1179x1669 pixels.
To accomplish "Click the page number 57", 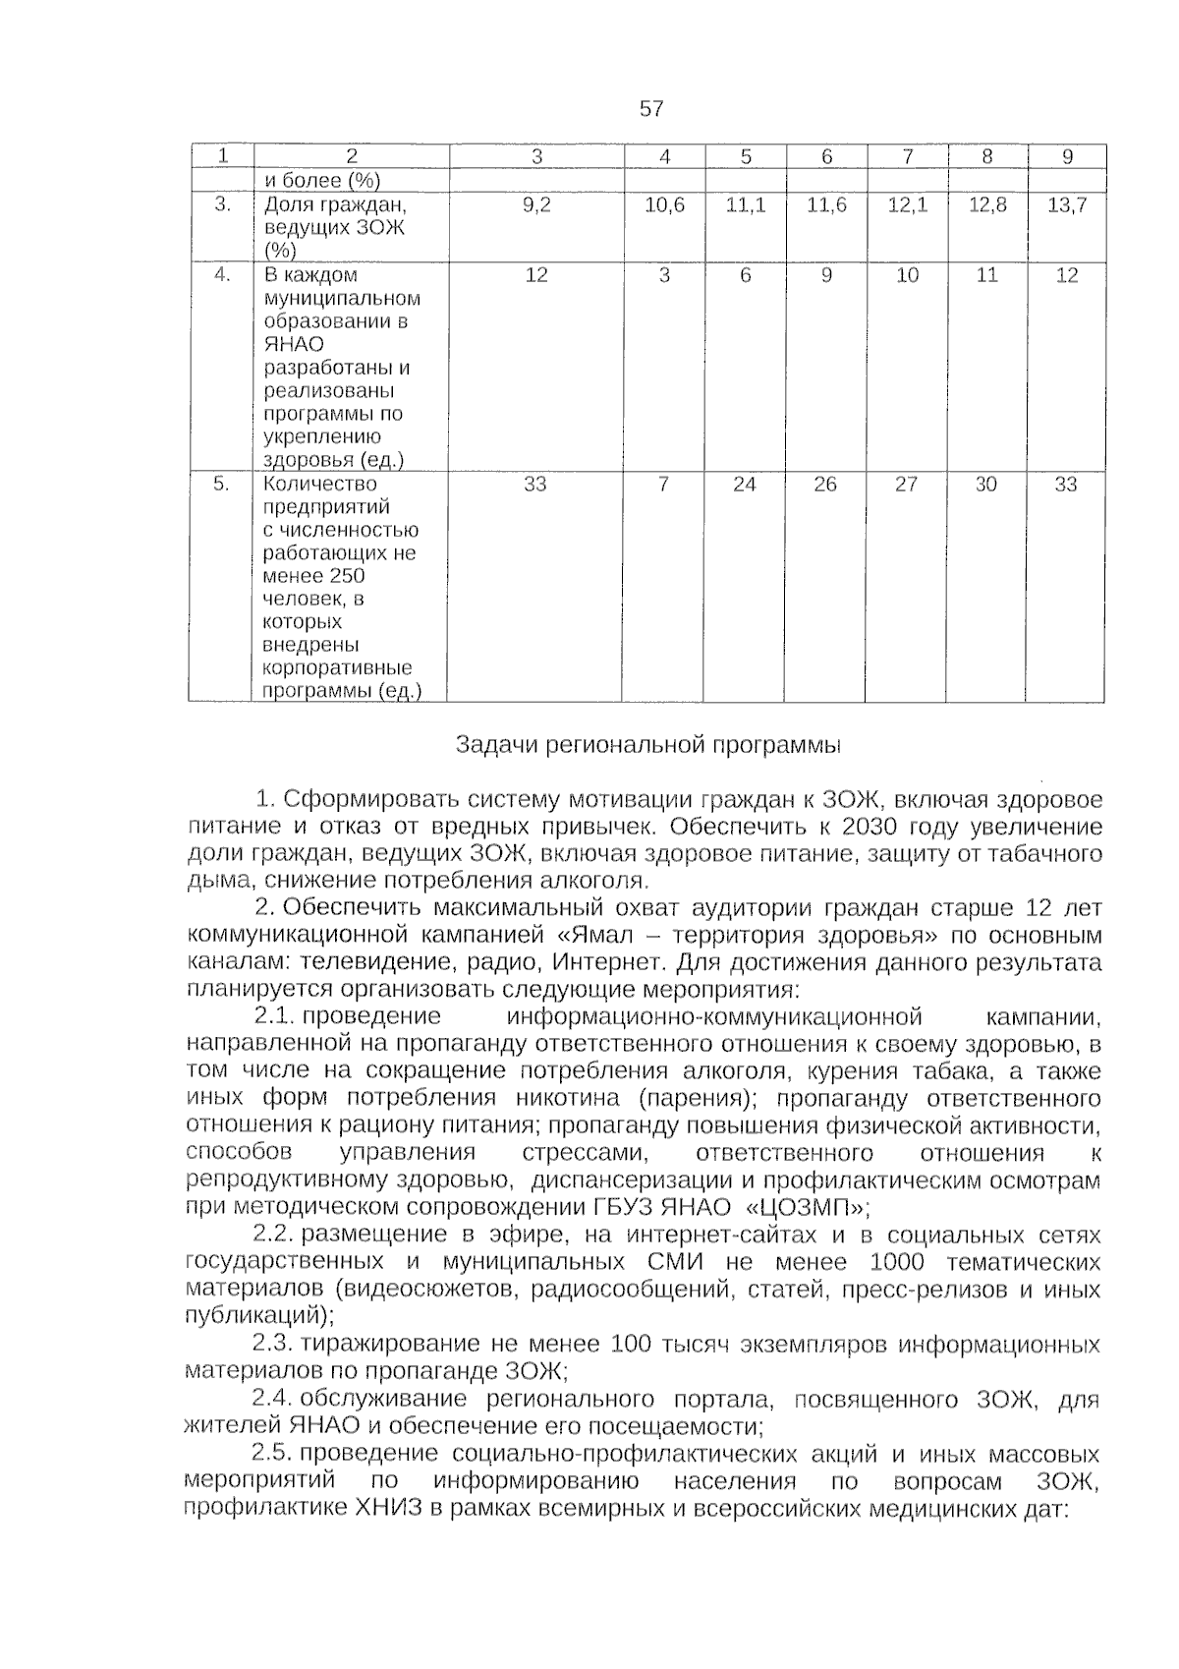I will pos(651,109).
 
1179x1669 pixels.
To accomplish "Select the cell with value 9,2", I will pos(536,205).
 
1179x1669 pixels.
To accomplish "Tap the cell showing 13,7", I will pos(1067,205).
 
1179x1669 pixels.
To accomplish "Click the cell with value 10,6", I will pos(664,205).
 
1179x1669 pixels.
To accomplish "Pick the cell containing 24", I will pos(745,485).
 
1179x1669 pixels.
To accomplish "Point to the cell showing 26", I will pos(825,485).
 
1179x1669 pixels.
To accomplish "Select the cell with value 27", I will pos(906,485).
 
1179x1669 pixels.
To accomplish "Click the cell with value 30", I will pos(985,485).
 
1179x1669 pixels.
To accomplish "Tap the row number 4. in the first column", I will pos(222,275).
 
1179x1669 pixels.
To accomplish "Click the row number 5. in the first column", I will pos(222,485).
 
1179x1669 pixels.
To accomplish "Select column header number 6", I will pos(826,156).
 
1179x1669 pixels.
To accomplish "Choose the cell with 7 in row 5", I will pos(664,485).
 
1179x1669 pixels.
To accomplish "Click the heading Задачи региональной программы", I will pos(648,745).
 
